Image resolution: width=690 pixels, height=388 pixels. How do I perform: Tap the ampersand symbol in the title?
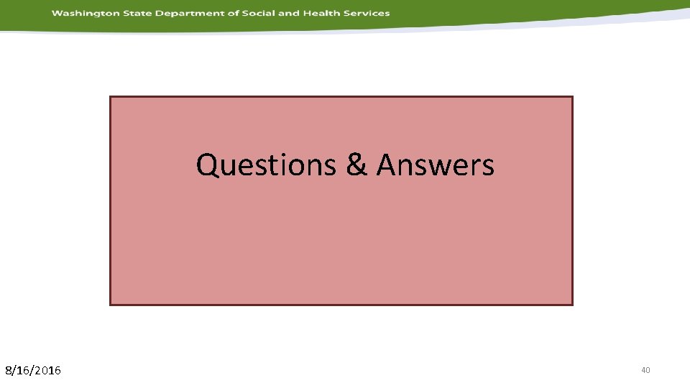tap(356, 165)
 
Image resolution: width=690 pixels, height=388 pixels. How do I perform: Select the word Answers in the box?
tap(436, 165)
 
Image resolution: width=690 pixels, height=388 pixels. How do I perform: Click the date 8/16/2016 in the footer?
tap(33, 371)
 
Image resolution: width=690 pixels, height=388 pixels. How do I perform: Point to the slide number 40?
tap(645, 370)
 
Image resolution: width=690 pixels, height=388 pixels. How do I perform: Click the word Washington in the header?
tap(80, 13)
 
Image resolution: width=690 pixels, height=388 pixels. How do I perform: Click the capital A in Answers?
tap(388, 165)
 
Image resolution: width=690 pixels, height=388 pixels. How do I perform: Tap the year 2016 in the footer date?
tap(49, 371)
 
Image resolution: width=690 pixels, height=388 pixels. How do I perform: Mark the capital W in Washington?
tap(56, 13)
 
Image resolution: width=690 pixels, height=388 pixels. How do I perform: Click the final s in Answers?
tap(488, 167)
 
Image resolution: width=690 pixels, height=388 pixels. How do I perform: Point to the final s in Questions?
tap(332, 167)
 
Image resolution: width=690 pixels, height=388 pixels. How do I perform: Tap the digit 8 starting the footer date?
tap(9, 371)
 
